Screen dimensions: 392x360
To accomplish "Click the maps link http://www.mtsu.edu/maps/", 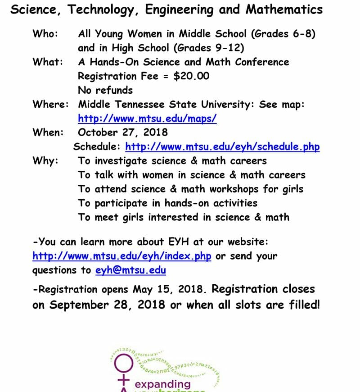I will click(147, 119).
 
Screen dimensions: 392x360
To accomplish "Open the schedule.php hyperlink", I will click(222, 146).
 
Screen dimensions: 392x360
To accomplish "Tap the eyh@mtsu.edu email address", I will click(130, 270).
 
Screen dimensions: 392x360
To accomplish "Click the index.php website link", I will click(121, 256).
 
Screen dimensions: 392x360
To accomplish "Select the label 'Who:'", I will click(45, 34).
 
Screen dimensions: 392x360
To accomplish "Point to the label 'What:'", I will click(48, 62).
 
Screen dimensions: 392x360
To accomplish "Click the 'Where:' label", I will click(50, 105).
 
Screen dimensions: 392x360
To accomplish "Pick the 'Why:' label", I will click(45, 161).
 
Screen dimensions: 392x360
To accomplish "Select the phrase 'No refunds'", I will click(105, 90).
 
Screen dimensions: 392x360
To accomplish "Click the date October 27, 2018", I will click(122, 132).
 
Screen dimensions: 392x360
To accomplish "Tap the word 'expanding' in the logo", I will click(163, 384).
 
